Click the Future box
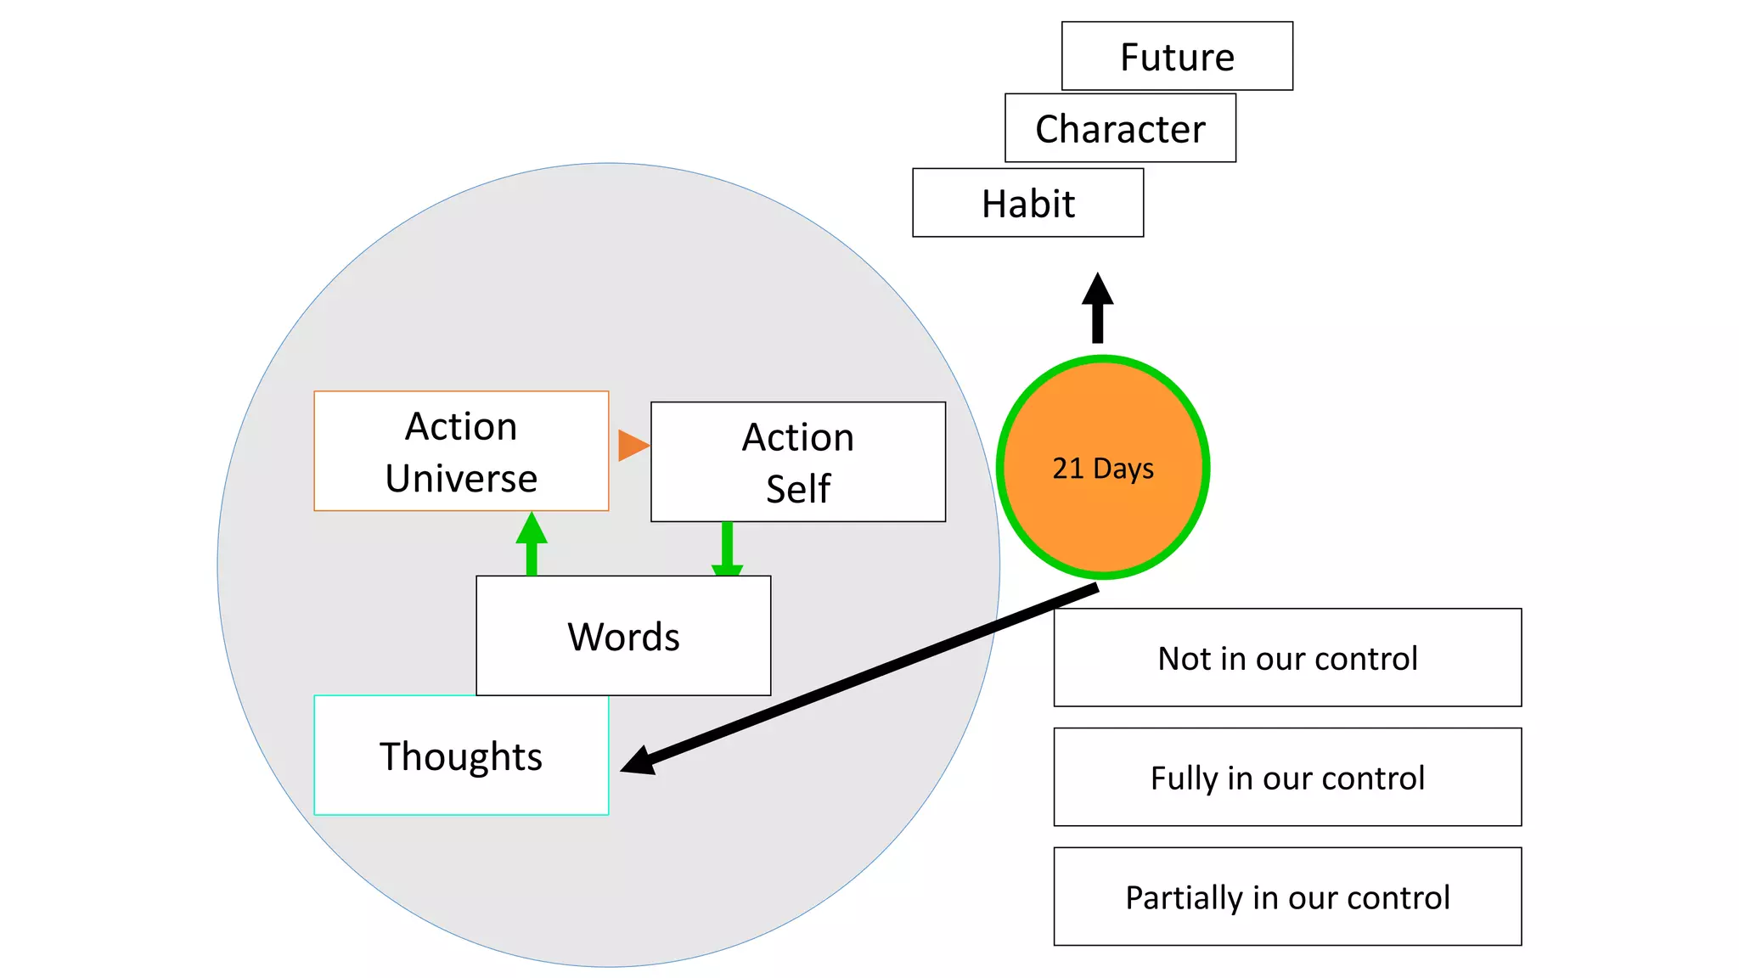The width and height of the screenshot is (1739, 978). tap(1177, 56)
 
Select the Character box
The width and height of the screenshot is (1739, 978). tap(1120, 128)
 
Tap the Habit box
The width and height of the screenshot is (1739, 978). tap(1027, 203)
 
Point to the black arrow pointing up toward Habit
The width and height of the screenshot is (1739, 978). tap(1097, 307)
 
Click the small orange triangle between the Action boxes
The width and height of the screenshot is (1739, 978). tap(632, 445)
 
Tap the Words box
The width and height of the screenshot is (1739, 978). tap(623, 636)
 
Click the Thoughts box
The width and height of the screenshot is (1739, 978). tap(461, 756)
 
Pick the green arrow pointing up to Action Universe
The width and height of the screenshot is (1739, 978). tap(532, 543)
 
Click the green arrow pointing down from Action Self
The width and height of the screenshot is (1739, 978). tap(727, 548)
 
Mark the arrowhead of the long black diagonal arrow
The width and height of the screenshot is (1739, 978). tap(639, 761)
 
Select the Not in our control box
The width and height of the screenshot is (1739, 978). tap(1287, 658)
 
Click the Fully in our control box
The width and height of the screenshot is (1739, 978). tap(1287, 778)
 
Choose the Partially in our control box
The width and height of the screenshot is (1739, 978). tap(1287, 896)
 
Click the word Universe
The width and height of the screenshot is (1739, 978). tap(461, 479)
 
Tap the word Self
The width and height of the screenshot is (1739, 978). tap(797, 489)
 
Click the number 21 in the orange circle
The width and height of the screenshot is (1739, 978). tap(1067, 469)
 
